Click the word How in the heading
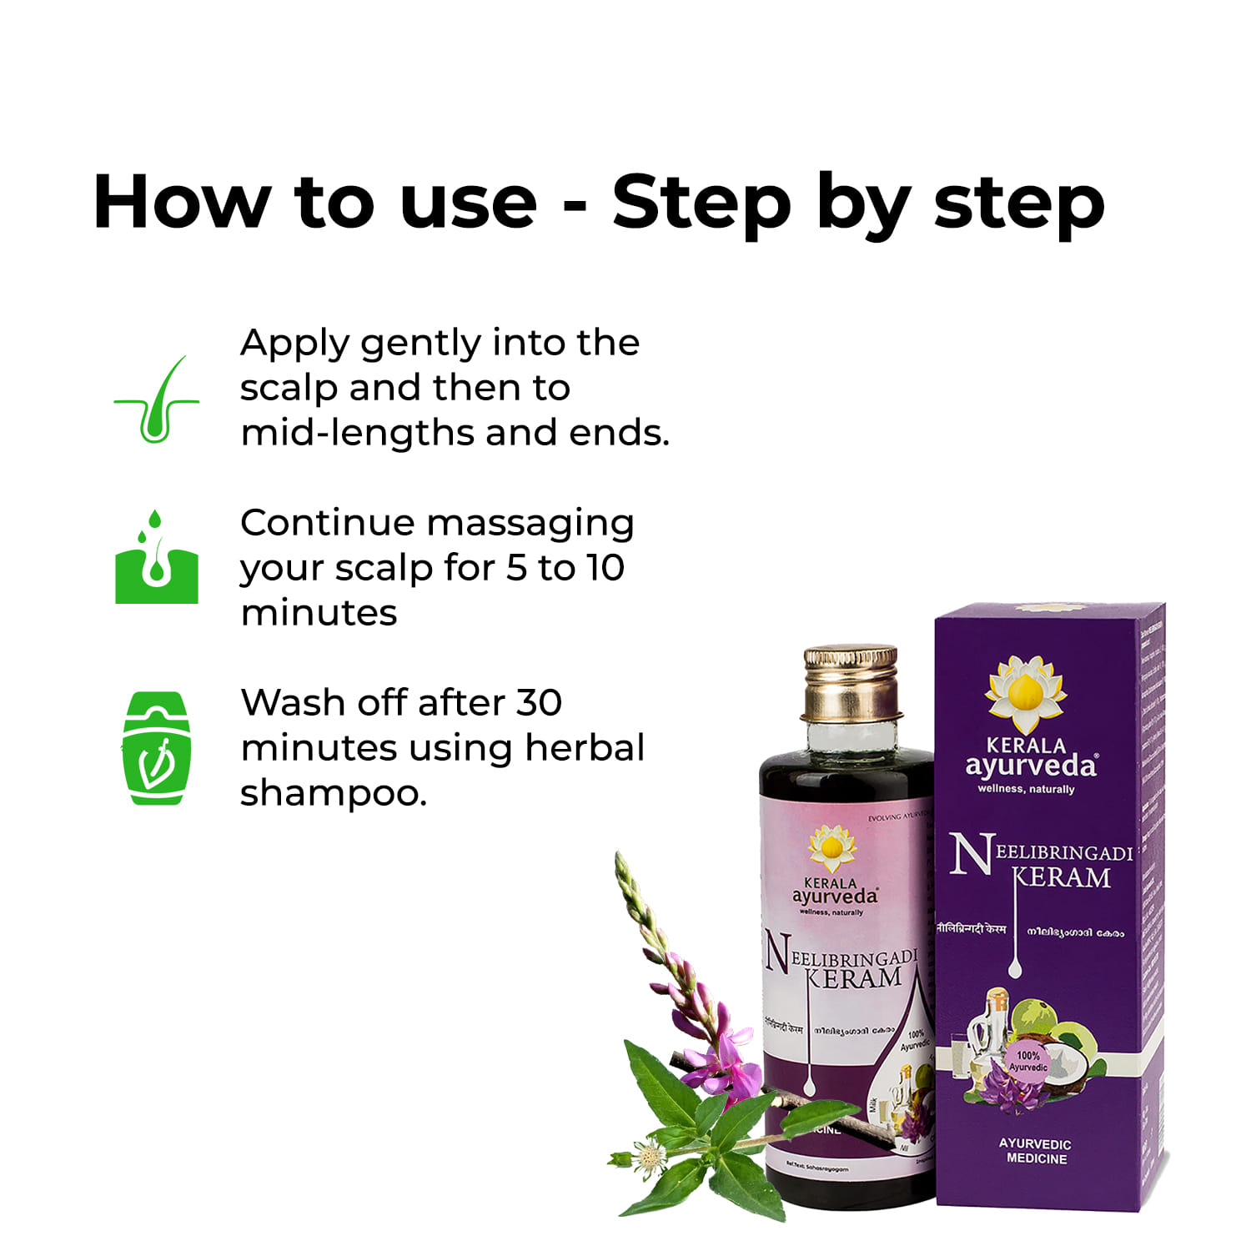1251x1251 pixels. click(182, 202)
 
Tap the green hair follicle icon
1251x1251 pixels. click(157, 401)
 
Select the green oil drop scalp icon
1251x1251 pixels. click(157, 559)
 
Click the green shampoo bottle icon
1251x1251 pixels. click(157, 748)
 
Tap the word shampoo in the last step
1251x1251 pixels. click(333, 794)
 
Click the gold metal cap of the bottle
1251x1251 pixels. click(851, 682)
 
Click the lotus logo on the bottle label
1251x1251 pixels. click(831, 848)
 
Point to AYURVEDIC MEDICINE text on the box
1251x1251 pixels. click(1035, 1151)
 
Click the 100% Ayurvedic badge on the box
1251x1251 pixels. click(1027, 1061)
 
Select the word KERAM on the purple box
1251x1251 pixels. click(1062, 878)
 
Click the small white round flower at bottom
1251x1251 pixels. click(648, 1157)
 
